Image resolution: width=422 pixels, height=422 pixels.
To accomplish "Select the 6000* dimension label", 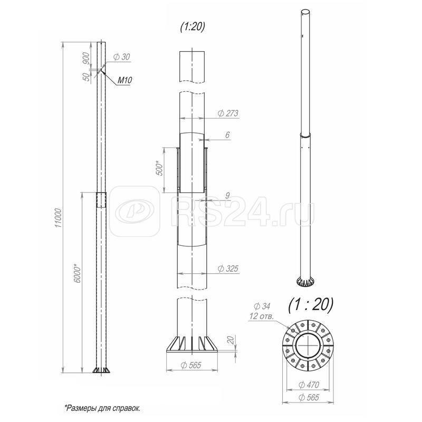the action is (x=78, y=274).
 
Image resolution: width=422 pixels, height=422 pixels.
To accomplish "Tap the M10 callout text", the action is (x=124, y=80).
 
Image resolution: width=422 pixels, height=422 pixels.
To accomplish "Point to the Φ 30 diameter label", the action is (x=121, y=57).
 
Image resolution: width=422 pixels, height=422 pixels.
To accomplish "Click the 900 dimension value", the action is (x=86, y=59).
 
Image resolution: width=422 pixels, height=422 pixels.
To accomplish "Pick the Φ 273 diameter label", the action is (x=228, y=113).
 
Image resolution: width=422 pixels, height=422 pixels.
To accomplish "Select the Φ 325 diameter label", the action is (x=228, y=268).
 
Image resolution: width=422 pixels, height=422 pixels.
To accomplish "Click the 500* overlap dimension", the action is (x=160, y=168).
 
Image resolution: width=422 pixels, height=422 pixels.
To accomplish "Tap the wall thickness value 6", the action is (x=227, y=135).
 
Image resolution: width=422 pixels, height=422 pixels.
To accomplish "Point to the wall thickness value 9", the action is (x=227, y=196).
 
